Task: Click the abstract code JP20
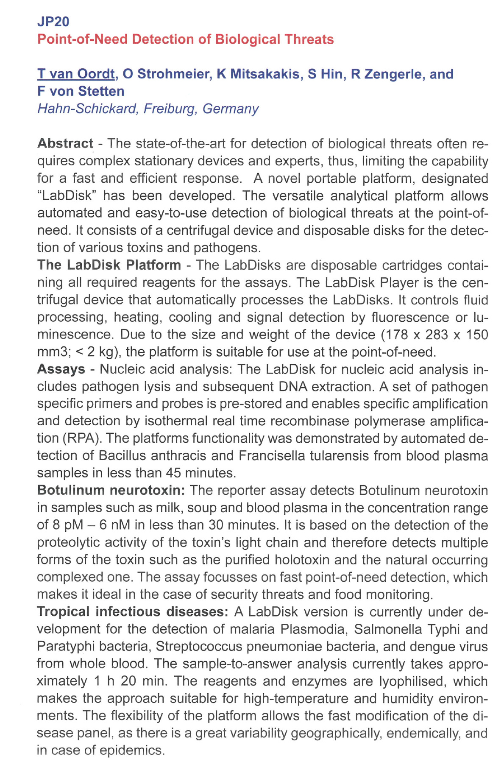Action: click(53, 22)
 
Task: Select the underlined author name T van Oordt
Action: click(76, 74)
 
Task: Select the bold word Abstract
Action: click(65, 143)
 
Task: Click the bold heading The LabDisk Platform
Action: click(109, 265)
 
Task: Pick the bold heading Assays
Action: click(61, 369)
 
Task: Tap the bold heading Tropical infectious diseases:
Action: click(133, 612)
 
